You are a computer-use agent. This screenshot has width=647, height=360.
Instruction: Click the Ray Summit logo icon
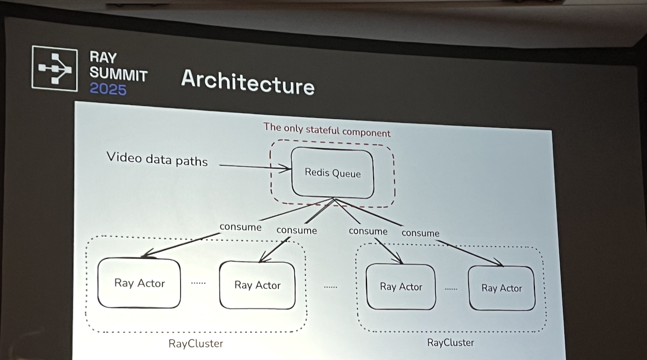coord(54,68)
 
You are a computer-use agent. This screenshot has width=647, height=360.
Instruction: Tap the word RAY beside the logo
coord(103,58)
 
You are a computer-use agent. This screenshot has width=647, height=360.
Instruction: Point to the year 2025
coord(108,89)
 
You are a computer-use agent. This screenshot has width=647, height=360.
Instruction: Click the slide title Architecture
coord(248,83)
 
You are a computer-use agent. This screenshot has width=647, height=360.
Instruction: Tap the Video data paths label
coord(157,159)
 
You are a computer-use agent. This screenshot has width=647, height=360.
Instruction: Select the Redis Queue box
coord(333,172)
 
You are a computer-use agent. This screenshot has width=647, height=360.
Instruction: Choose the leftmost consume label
coord(240,227)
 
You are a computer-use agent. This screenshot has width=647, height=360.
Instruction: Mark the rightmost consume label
coord(420,233)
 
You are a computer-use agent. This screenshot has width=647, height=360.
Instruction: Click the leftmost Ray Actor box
coord(139,283)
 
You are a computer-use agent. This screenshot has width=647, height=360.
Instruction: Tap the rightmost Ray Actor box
coord(501,288)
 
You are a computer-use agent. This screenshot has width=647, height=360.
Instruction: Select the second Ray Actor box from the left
coord(257,285)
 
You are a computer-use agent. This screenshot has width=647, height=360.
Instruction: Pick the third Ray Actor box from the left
coord(401,287)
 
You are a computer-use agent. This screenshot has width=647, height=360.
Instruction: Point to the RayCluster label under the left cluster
coord(196,344)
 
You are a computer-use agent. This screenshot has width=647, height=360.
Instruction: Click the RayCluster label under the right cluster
coord(450,342)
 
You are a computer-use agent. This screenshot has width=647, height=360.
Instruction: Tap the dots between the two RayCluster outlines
coord(330,287)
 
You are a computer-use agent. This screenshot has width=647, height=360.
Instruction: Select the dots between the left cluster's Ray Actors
coord(198,283)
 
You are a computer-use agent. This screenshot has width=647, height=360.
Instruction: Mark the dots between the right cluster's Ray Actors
coord(451,289)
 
